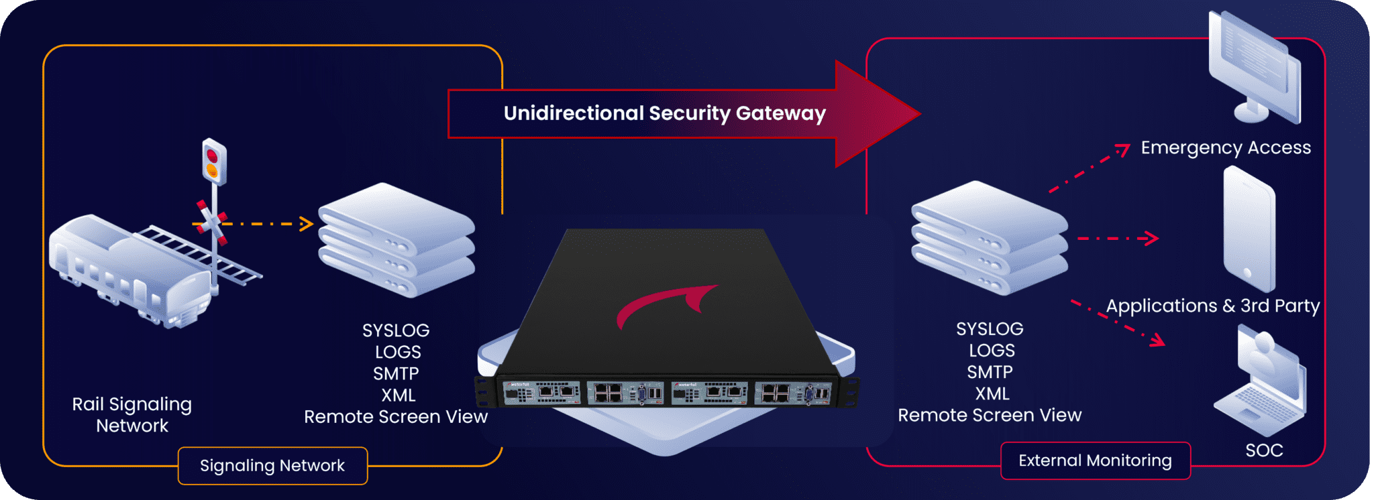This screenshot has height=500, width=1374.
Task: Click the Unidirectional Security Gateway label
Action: tap(664, 113)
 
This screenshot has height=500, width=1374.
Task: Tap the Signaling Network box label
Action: tap(272, 465)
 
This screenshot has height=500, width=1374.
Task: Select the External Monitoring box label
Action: tap(1095, 460)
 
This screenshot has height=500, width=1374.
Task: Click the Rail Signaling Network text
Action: tap(132, 415)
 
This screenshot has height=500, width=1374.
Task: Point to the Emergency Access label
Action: tap(1226, 147)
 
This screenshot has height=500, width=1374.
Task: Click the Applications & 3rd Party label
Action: tap(1212, 306)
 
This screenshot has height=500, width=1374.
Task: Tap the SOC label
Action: tap(1264, 450)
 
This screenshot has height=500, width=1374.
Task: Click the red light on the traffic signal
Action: tap(212, 155)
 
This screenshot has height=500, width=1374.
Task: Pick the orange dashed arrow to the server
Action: tap(268, 224)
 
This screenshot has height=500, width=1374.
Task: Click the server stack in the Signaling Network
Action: tap(397, 241)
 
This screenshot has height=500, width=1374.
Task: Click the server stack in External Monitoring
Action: tap(989, 239)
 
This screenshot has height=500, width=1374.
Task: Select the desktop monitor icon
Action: tap(1253, 67)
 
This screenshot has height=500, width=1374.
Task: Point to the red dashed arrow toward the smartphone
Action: tap(1118, 238)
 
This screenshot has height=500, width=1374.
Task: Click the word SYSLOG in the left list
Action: tap(396, 330)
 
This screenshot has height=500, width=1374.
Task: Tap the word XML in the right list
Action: tap(992, 393)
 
